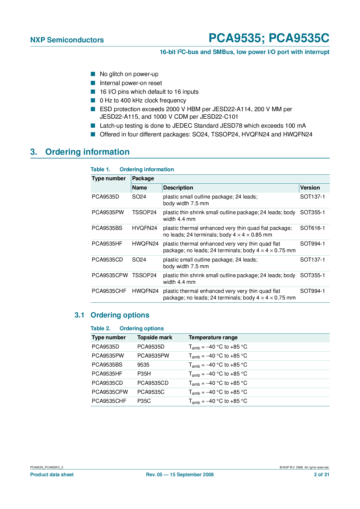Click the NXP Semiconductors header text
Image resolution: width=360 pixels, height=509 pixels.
coord(67,40)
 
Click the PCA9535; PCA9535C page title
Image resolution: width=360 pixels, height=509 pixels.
coord(269,38)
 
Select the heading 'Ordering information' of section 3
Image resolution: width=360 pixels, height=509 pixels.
coord(87,152)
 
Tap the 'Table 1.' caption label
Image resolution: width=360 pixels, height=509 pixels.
coord(100,169)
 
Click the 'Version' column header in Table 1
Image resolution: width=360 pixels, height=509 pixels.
coord(310,188)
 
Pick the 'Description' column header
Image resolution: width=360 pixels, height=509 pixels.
coord(178,188)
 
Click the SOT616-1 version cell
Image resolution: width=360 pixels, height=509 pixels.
coord(312,228)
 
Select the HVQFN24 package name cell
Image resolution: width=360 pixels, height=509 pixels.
coord(145,228)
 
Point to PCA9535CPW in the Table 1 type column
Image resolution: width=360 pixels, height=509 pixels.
coord(110,275)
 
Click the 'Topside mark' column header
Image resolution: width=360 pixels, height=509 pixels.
coord(155,337)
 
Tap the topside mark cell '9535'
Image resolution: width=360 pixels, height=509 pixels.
coord(143,365)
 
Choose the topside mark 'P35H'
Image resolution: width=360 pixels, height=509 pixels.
coord(144,374)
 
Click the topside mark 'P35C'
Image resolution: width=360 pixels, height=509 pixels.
coord(144,401)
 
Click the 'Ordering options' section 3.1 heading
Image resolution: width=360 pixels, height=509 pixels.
coord(120,315)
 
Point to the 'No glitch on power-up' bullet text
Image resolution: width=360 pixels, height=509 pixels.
coord(129,74)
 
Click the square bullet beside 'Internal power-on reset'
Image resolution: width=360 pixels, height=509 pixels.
coord(93,83)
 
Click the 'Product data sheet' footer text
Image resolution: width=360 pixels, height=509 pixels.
coord(52,475)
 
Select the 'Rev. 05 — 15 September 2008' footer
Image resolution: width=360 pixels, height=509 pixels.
coord(180,475)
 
